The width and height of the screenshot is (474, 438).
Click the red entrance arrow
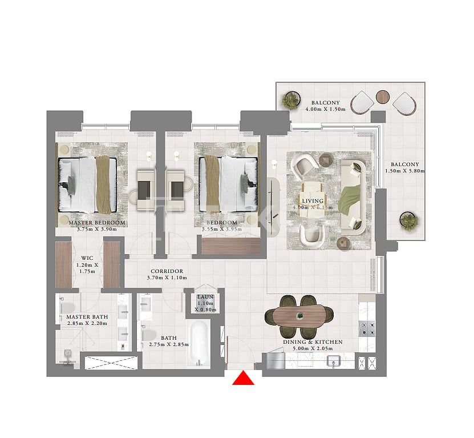coord(244,379)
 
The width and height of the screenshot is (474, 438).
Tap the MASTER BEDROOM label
coord(97,223)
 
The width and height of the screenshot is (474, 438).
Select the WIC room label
coord(87,258)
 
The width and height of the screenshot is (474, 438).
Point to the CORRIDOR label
coord(167,271)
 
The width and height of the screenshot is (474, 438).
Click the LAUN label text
coord(205,297)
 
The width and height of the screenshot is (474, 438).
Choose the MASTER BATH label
coord(87,316)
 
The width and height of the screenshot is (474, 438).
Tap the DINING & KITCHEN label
coord(313,342)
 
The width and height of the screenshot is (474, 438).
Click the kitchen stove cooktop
coord(365,328)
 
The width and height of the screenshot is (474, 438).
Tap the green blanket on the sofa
coord(350,197)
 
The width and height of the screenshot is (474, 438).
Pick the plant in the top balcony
coord(291,100)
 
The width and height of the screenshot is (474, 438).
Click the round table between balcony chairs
coord(383,96)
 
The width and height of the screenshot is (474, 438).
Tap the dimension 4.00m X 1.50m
coord(326,109)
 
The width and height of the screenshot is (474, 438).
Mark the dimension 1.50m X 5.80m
coord(405,171)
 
